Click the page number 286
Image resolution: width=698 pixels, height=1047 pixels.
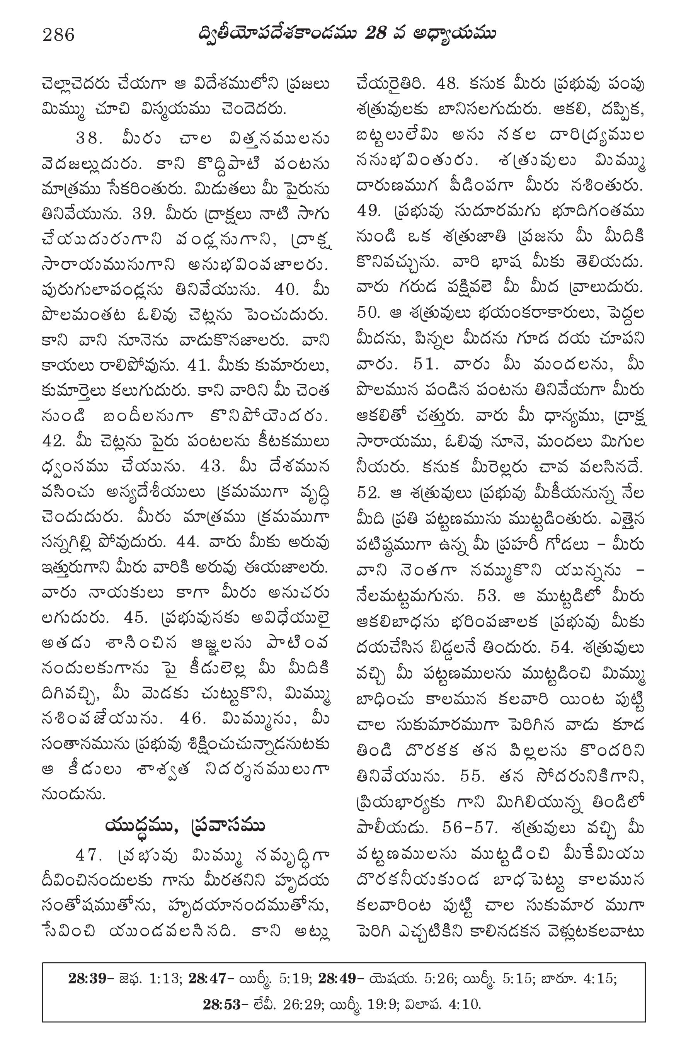coord(58,34)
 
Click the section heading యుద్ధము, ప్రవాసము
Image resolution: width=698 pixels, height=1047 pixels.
coord(185,826)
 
